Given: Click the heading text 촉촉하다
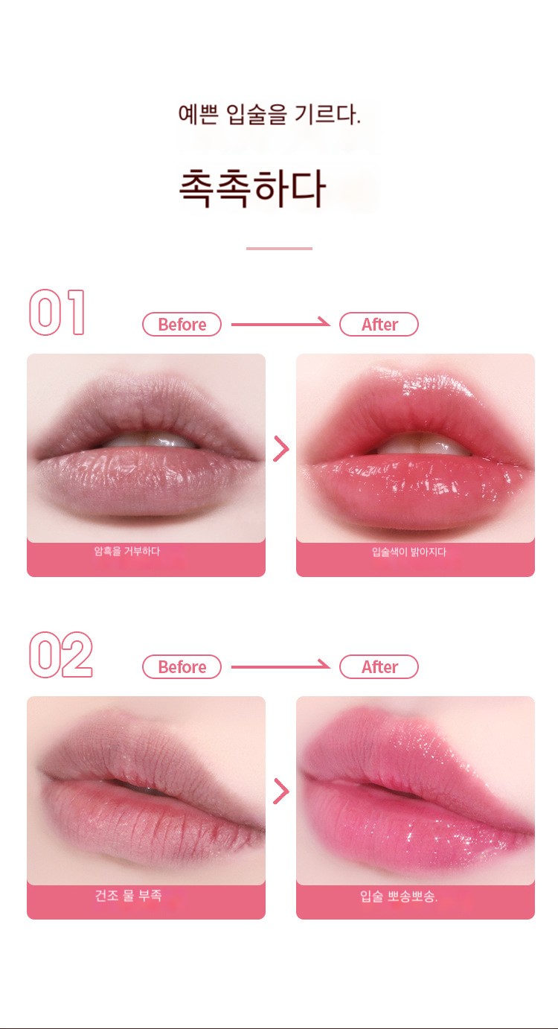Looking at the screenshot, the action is pyautogui.click(x=252, y=188).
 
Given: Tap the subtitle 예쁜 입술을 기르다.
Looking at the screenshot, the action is pyautogui.click(x=269, y=115).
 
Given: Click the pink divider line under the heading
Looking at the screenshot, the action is pyautogui.click(x=279, y=249).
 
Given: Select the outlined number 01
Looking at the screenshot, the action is pyautogui.click(x=57, y=313).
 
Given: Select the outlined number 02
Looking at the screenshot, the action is pyautogui.click(x=60, y=654).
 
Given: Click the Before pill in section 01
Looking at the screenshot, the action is pyautogui.click(x=182, y=325).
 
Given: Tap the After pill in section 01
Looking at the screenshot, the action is pyautogui.click(x=379, y=325).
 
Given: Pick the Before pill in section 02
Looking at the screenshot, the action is pyautogui.click(x=182, y=666).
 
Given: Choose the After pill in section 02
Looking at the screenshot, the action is pyautogui.click(x=379, y=666).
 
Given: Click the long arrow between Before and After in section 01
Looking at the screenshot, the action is pyautogui.click(x=280, y=324).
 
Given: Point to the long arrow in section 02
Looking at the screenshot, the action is pyautogui.click(x=280, y=666).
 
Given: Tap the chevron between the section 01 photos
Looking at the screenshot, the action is pyautogui.click(x=281, y=448).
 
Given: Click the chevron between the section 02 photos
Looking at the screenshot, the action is pyautogui.click(x=281, y=791).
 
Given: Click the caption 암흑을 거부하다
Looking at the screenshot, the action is pyautogui.click(x=126, y=551).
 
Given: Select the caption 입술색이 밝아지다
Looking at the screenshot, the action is pyautogui.click(x=409, y=552).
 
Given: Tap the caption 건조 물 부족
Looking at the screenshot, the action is pyautogui.click(x=128, y=895).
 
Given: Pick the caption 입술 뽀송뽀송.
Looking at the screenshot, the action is pyautogui.click(x=399, y=896).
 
